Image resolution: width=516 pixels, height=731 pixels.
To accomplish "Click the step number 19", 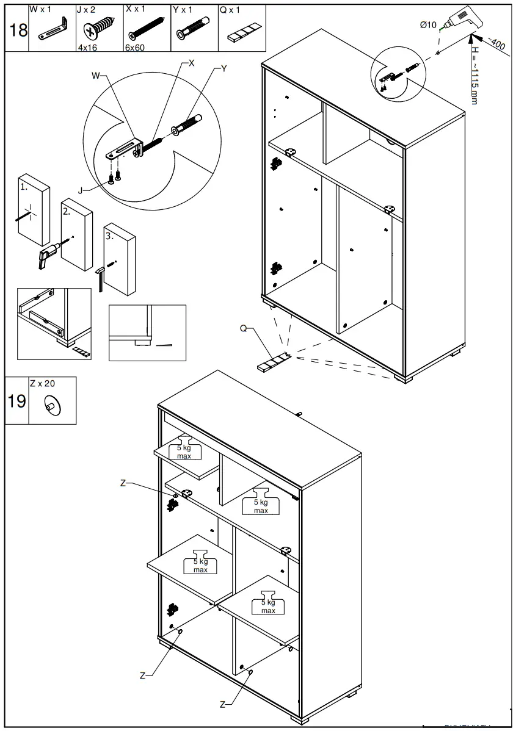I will tap(17, 401).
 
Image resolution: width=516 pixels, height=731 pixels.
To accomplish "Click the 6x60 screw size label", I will tap(136, 47).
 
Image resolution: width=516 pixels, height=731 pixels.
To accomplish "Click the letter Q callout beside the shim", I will tap(243, 328).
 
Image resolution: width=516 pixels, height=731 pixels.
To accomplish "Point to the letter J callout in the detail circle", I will tap(82, 190).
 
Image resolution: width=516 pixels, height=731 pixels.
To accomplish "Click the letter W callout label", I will tap(95, 76).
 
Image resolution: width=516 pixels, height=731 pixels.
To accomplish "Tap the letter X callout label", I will tap(191, 63).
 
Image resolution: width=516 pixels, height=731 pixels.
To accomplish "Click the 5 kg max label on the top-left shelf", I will tap(184, 452).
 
